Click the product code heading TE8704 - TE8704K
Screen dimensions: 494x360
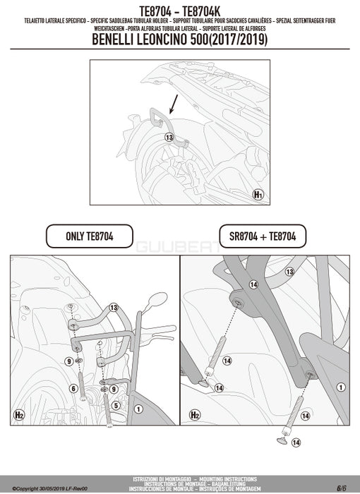(180, 9)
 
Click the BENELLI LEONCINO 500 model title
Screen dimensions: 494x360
(180, 40)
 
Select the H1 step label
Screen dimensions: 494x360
(258, 193)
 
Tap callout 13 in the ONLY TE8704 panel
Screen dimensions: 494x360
(113, 308)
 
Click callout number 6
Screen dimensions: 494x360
(73, 388)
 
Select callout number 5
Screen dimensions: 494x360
(115, 405)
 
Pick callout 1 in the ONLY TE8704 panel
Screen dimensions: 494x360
(138, 409)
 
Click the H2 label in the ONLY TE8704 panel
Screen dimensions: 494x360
(20, 415)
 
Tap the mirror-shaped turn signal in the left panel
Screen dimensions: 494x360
(157, 300)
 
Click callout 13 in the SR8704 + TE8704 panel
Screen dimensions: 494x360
(289, 271)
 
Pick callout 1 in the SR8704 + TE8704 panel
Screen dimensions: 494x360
(340, 386)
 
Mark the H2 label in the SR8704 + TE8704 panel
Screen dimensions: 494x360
(194, 415)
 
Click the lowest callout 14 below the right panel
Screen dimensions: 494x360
(296, 442)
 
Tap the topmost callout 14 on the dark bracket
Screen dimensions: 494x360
(252, 284)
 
